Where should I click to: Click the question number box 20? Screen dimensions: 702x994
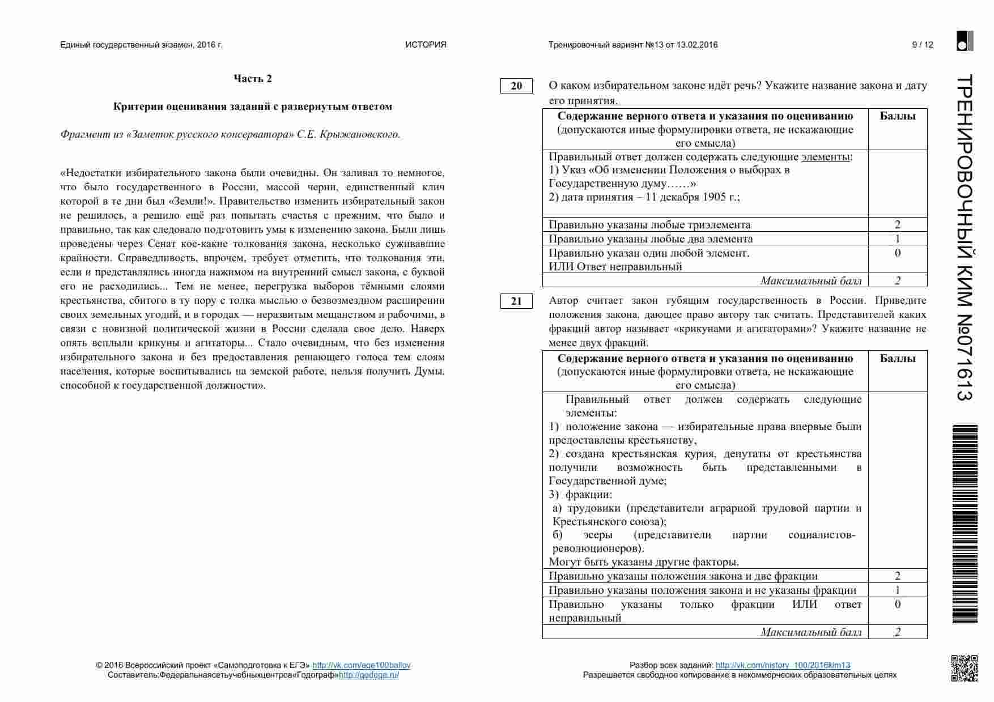click(x=516, y=86)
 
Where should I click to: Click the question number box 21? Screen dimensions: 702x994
click(x=516, y=301)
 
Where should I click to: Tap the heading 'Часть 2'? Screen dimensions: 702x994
click(x=253, y=79)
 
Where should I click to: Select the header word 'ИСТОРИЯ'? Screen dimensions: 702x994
click(x=426, y=45)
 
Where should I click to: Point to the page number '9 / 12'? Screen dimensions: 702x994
click(x=922, y=45)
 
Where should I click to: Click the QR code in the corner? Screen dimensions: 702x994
click(x=964, y=668)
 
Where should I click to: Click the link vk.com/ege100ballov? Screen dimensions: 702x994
click(x=361, y=665)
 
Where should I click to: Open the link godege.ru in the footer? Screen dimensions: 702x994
click(x=369, y=675)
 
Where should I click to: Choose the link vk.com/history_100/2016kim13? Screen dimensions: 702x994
click(x=783, y=665)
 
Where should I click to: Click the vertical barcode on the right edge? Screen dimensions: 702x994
click(x=965, y=524)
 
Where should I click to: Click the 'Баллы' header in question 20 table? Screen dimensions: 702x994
click(x=897, y=116)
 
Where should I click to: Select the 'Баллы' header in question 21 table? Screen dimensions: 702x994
click(x=897, y=359)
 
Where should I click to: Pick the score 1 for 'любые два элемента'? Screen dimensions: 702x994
click(x=897, y=239)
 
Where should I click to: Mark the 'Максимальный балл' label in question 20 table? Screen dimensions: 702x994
click(x=810, y=280)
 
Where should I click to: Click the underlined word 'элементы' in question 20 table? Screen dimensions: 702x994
click(x=825, y=157)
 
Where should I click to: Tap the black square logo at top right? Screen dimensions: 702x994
click(x=965, y=41)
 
